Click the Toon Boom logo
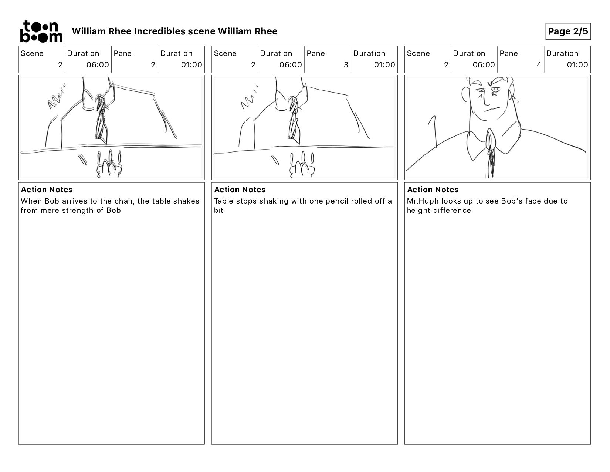coord(41,31)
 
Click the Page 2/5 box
coord(567,31)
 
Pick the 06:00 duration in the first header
coord(98,65)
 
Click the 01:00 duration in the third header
coord(577,65)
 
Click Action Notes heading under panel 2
coord(47,190)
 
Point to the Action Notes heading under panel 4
coord(433,190)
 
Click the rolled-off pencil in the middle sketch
coord(275,160)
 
